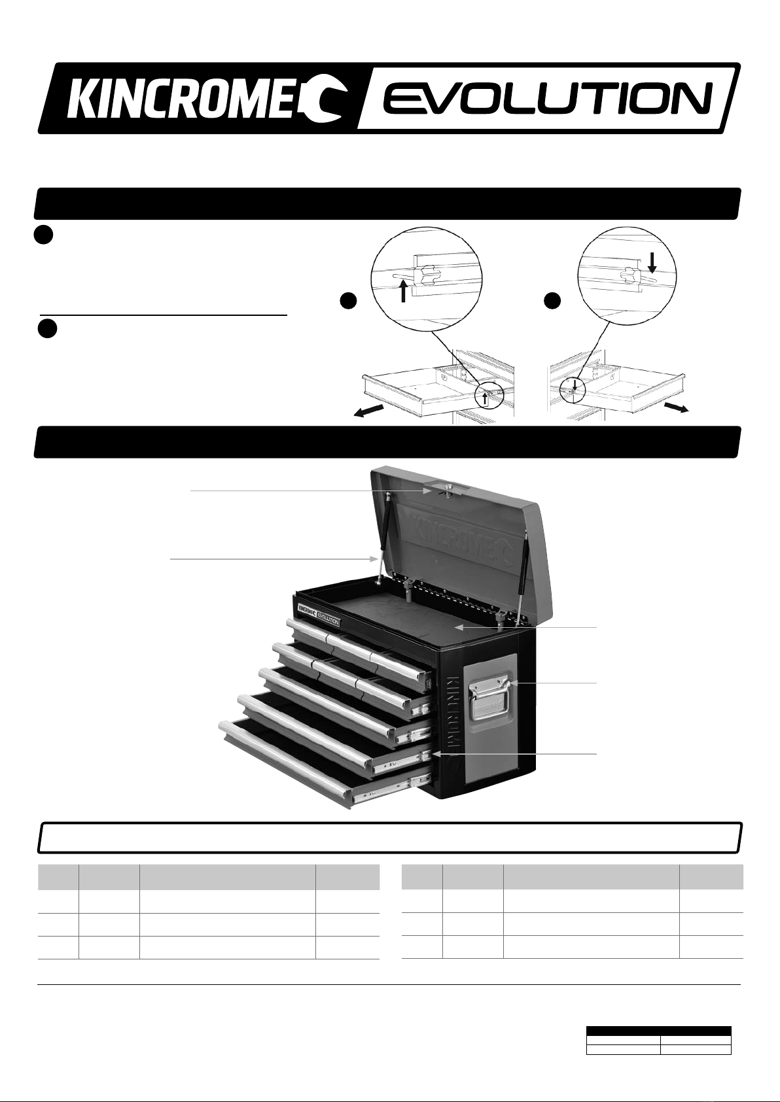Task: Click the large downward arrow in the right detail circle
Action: [x=652, y=262]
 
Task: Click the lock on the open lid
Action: [x=448, y=489]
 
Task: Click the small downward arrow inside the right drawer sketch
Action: [x=574, y=384]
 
